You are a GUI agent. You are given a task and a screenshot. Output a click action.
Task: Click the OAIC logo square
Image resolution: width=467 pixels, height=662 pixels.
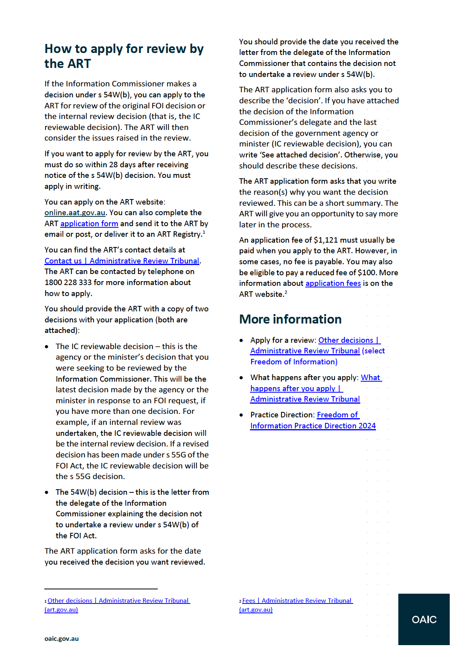click(x=424, y=619)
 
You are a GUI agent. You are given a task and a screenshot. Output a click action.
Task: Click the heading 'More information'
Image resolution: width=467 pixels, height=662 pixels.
click(x=290, y=319)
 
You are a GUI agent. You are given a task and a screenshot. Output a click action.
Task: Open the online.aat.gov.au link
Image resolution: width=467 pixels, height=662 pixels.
click(x=75, y=213)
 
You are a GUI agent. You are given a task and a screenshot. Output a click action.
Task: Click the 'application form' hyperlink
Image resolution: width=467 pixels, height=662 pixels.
click(x=89, y=224)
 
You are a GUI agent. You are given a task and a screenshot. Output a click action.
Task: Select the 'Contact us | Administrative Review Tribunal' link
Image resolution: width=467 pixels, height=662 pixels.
click(x=122, y=261)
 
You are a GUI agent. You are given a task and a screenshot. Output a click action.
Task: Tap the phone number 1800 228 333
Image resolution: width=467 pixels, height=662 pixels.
click(x=68, y=283)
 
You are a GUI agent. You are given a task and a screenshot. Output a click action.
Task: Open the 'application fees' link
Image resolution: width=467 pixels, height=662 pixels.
click(x=333, y=283)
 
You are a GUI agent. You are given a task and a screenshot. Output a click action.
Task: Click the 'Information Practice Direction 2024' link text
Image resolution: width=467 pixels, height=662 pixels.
click(x=313, y=426)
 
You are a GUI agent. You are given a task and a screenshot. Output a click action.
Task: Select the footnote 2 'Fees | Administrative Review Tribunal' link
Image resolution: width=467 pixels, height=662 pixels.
click(x=297, y=601)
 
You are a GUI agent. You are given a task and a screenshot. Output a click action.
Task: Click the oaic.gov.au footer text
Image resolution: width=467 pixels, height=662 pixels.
click(x=62, y=639)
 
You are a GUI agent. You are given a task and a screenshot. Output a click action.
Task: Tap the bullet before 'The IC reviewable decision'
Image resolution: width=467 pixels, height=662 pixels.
click(x=47, y=347)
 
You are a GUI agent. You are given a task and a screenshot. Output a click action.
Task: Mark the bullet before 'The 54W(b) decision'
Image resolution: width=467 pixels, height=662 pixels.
click(x=47, y=492)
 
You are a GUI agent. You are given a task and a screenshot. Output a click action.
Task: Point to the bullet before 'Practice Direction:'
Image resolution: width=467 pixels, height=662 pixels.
click(x=241, y=415)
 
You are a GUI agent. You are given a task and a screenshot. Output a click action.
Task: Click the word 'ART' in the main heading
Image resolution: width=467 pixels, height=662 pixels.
click(x=78, y=64)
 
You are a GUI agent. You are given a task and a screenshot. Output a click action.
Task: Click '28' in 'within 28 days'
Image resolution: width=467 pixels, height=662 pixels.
click(x=114, y=165)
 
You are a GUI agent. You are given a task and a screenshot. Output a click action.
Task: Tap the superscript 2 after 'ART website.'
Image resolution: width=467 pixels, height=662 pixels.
click(x=286, y=292)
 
